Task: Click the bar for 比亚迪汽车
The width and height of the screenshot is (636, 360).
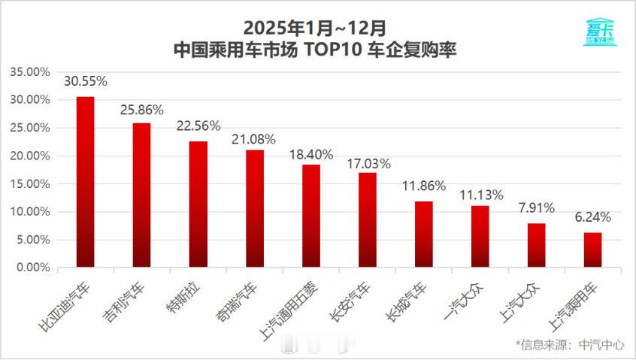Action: [x=86, y=182]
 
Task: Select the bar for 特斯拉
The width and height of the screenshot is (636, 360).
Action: [x=198, y=204]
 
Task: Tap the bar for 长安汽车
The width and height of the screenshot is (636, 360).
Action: [x=368, y=219]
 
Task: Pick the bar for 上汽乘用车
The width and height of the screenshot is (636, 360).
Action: [x=592, y=250]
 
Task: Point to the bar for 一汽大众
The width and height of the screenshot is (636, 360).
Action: [x=480, y=236]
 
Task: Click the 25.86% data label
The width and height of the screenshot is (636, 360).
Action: [x=141, y=110]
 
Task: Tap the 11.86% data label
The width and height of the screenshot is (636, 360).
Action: [x=424, y=186]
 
